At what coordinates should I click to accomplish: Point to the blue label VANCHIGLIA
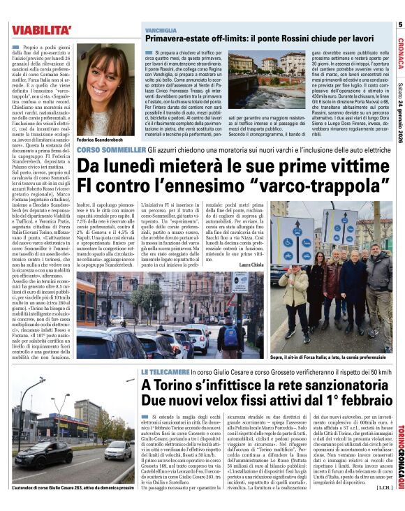click(x=161, y=32)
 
